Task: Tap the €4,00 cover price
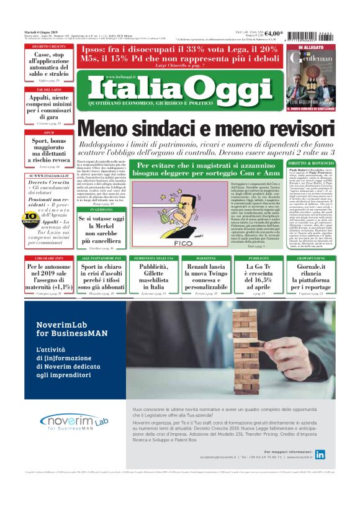pos(274,34)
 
